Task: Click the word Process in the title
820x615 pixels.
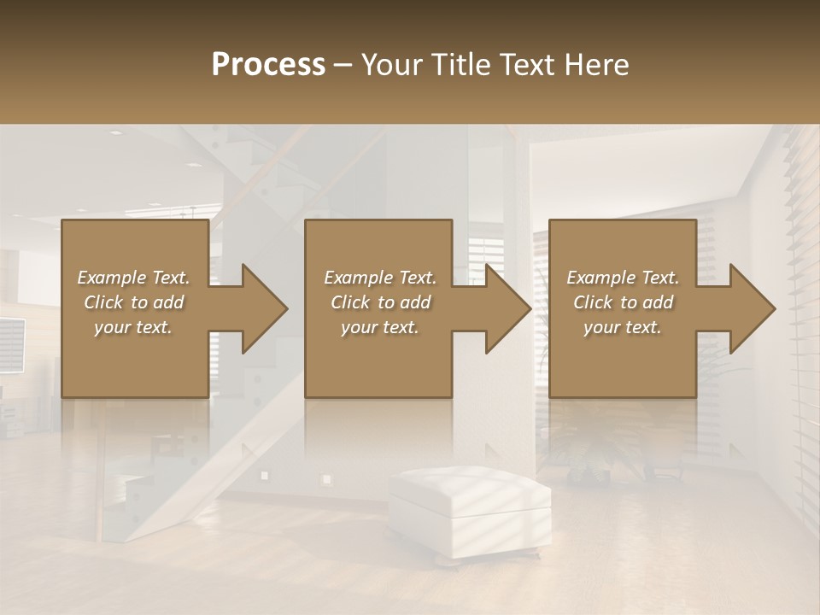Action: pos(267,64)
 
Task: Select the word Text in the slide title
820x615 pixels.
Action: pos(528,64)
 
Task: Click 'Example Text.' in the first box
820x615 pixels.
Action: pos(133,278)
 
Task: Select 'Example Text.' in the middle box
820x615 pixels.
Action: pos(379,278)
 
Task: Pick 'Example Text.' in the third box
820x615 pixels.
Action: pos(623,278)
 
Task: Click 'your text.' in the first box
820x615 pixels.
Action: pos(133,327)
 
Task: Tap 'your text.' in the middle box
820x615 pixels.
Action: pos(379,327)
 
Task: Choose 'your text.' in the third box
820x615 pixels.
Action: pos(623,327)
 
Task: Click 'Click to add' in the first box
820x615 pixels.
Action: pos(133,302)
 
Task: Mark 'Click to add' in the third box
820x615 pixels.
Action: pos(623,302)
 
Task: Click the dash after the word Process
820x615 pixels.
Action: pos(343,65)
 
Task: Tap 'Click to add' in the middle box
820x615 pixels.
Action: pos(379,302)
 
